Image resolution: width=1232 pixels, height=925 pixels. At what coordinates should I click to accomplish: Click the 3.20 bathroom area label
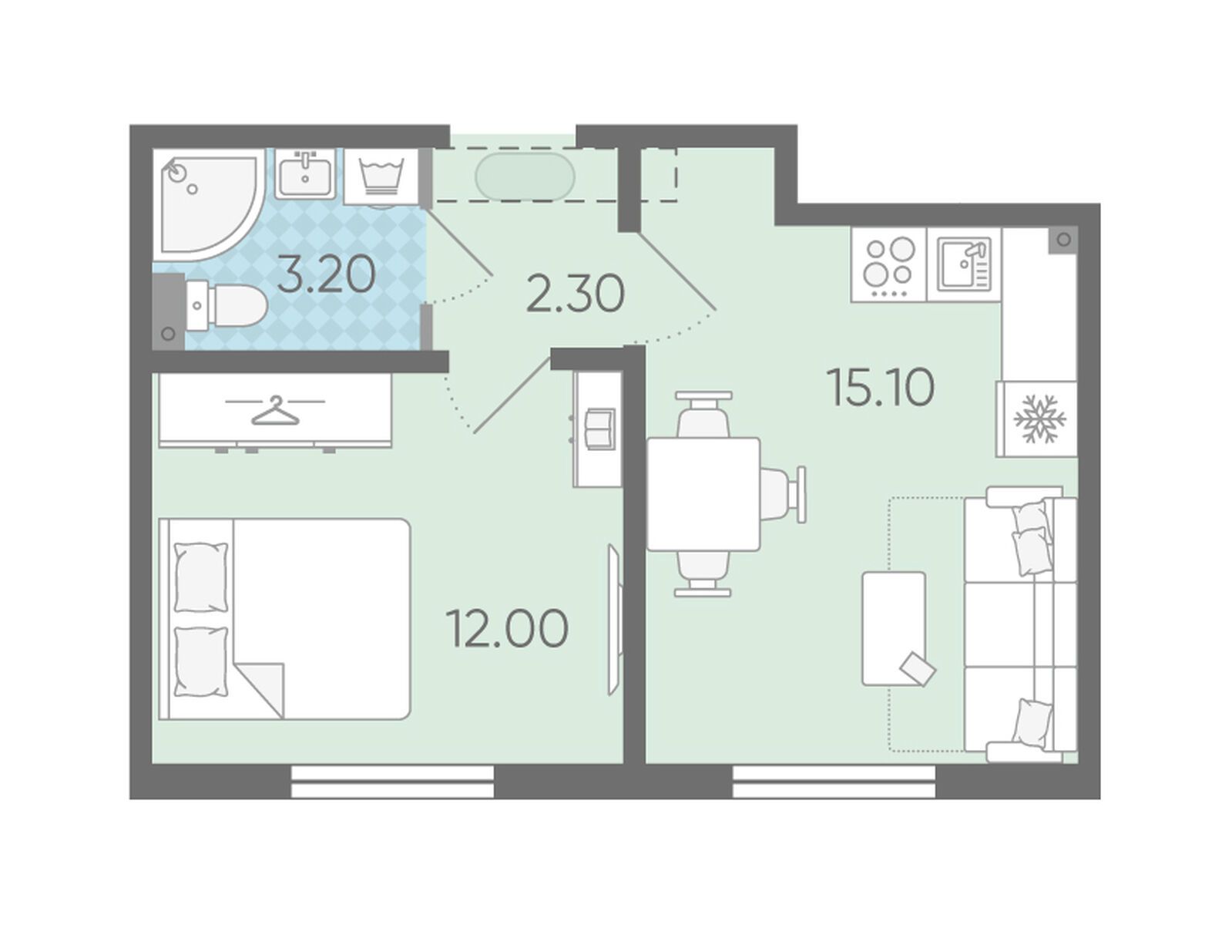326,276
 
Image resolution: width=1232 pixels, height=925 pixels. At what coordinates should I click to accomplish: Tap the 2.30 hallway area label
576,294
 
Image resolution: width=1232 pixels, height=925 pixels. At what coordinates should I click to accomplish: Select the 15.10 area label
881,388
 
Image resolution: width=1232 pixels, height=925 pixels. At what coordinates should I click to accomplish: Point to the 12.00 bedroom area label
507,629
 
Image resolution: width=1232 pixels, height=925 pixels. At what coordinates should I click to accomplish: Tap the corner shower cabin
209,205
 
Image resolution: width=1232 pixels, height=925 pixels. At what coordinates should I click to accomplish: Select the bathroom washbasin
305,173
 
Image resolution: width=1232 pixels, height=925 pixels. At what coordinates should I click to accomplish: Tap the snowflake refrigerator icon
1039,418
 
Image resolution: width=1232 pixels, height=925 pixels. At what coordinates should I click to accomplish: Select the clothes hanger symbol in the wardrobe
275,410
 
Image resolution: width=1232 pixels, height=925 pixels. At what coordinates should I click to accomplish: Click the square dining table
703,494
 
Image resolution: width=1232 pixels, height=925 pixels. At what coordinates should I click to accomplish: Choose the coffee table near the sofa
894,629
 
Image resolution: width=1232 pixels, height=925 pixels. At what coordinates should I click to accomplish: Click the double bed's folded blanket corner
260,690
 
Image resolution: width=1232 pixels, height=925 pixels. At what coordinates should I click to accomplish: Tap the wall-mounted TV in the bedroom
614,619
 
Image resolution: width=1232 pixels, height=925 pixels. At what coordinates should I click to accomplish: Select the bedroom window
392,782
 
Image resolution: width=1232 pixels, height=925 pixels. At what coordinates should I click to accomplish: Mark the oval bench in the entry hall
525,177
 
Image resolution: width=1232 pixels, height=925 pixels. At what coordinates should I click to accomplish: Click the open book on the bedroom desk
600,429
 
